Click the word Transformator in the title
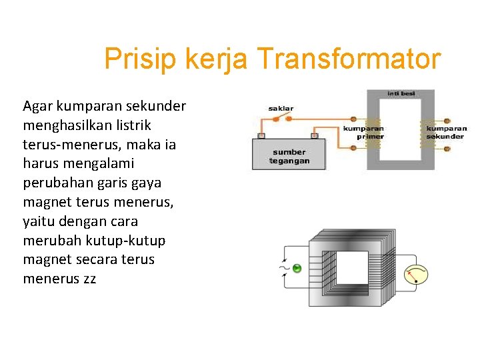coord(349,59)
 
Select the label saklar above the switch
coord(281,108)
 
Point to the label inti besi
coord(401,93)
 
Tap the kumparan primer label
coord(363,132)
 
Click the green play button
coord(297,268)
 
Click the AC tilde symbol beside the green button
coord(284,269)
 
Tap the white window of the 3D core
coord(351,267)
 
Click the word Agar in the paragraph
coord(36,106)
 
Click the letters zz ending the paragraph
coord(89,279)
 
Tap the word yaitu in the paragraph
coord(39,221)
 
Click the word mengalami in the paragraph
coord(97,163)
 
